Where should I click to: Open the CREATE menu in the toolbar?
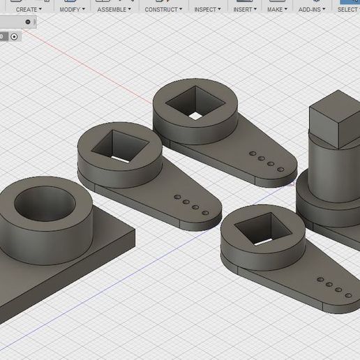coord(28,10)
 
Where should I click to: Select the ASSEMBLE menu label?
coord(114,10)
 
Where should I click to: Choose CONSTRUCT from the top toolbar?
coord(163,10)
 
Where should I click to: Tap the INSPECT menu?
coord(207,10)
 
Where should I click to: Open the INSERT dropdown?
coord(244,10)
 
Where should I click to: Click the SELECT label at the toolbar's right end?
coord(347,10)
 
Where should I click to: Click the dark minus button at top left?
coord(28,22)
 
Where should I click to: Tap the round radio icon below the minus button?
coord(13,36)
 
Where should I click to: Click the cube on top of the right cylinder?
coord(333,122)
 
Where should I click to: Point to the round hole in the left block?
coord(44,204)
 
